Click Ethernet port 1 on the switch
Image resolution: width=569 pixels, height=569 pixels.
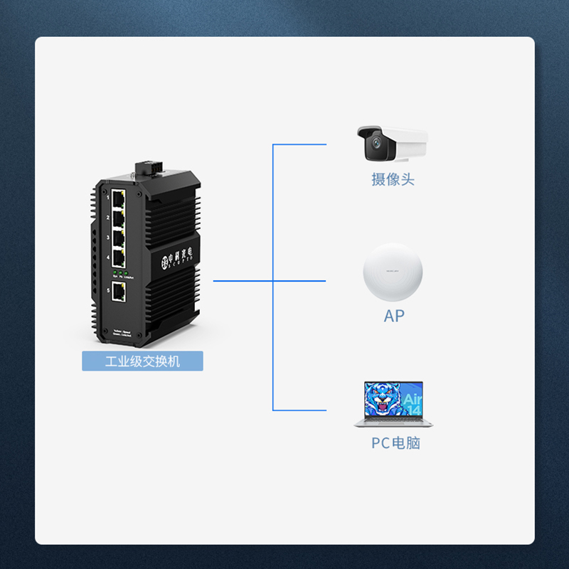coord(119,196)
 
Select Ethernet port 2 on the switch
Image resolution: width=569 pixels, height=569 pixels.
coord(119,217)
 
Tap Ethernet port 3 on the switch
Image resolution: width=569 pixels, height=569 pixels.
coord(119,237)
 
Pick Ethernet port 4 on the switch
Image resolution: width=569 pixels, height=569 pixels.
coord(119,257)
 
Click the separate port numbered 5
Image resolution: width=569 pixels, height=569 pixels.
coord(119,290)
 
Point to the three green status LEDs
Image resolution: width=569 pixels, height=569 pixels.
coord(119,273)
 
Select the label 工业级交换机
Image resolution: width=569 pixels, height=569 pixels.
coord(142,361)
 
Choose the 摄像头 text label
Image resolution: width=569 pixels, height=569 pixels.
coord(393,179)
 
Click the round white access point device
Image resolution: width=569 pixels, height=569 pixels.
coord(393,273)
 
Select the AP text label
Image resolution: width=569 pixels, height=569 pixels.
coord(393,317)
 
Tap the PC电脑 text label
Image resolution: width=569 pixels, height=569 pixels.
coord(395,443)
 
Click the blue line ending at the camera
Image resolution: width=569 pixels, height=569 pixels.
coord(299,144)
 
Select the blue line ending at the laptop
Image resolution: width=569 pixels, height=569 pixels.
coord(299,410)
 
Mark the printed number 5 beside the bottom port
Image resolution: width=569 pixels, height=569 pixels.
coord(108,290)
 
